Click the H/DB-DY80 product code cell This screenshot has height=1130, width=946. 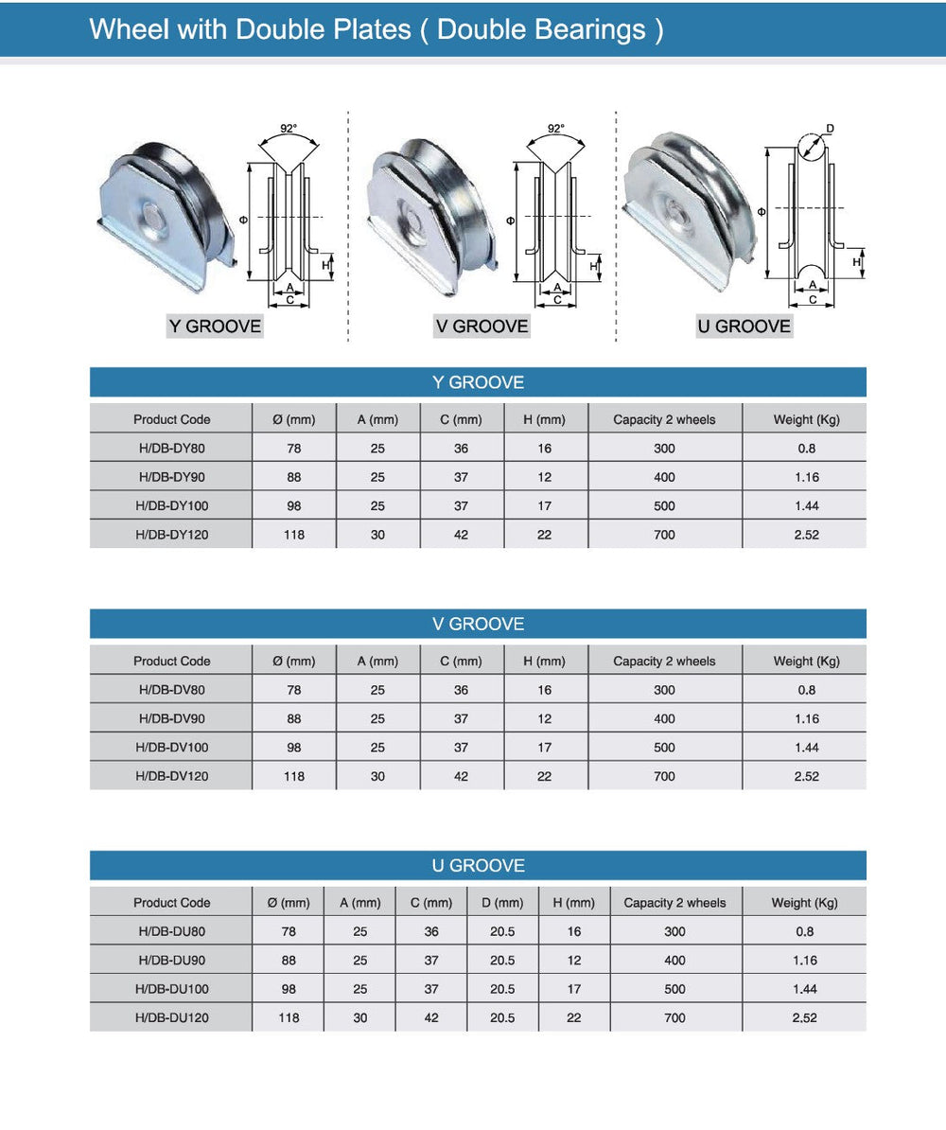172,449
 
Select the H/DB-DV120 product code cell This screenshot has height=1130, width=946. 172,776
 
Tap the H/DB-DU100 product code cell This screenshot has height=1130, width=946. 172,989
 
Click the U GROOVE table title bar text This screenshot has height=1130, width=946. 478,866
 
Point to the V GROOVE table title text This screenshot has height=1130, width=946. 478,625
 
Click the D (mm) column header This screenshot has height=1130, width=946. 502,903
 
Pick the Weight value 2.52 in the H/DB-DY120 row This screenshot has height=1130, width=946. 806,535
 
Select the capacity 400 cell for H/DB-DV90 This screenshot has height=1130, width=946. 664,718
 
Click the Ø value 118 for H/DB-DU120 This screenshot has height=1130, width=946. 289,1018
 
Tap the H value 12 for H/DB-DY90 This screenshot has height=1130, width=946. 545,478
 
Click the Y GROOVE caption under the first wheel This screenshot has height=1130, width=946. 215,327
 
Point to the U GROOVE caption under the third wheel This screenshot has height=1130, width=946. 744,327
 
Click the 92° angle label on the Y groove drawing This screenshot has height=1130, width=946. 289,128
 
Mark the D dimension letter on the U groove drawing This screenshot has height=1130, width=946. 831,128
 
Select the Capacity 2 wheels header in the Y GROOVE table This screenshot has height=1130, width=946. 664,419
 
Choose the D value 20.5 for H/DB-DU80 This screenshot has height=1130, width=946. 502,931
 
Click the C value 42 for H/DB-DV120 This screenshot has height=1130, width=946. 461,776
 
